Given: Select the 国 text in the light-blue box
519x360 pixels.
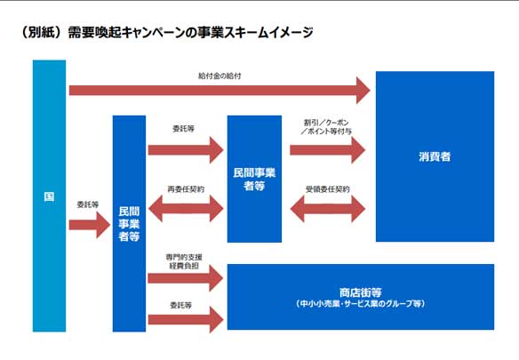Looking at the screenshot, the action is tap(49, 196).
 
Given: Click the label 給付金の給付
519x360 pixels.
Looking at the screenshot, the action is tap(220, 76).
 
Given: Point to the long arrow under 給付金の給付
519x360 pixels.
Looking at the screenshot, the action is tap(220, 90).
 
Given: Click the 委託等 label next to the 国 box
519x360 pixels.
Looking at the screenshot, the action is tap(88, 204).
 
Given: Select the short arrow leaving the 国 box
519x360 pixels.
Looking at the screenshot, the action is tap(90, 225).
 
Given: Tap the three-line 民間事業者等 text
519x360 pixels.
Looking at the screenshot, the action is tap(129, 224).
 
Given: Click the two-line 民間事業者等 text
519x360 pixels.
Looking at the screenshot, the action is tap(254, 180).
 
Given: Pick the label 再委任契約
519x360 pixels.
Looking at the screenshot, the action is tap(186, 189).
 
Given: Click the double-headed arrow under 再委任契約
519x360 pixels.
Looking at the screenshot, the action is tap(186, 208).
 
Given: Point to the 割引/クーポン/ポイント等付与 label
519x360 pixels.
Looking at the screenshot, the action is tap(326, 127).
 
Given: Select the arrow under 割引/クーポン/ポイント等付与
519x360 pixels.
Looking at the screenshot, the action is tap(327, 150).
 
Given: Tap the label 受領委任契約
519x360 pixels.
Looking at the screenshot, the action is tap(327, 189).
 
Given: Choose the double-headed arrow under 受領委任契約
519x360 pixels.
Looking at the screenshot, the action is tap(327, 209).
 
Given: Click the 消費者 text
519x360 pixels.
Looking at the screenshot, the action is tap(435, 156).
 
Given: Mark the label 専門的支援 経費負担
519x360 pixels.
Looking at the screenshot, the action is tap(184, 261).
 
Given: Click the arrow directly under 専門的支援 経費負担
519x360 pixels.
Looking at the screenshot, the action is tap(186, 278).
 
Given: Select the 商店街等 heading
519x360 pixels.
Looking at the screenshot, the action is tap(361, 292).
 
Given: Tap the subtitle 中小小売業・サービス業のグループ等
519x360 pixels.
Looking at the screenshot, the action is tap(361, 304).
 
